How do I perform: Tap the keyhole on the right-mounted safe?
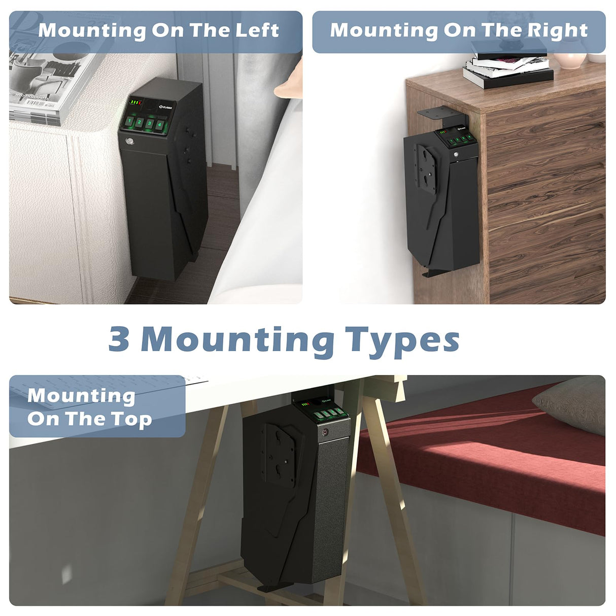pyautogui.click(x=456, y=155)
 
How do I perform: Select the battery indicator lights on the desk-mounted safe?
pyautogui.click(x=304, y=404)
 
